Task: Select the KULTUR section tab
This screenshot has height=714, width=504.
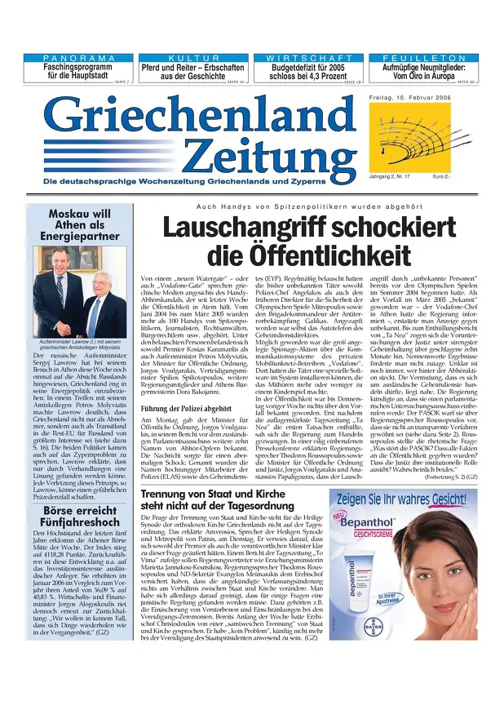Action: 192,59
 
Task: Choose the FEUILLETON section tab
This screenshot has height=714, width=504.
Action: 418,59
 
